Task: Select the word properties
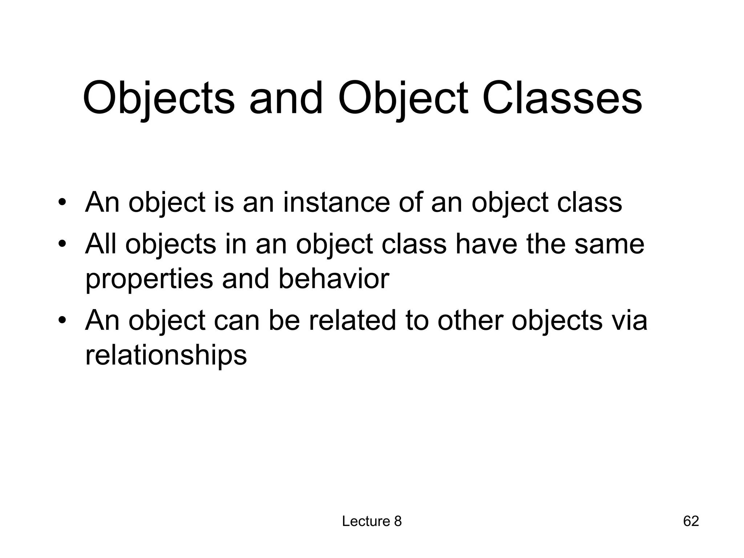pos(149,280)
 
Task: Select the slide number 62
pos(691,521)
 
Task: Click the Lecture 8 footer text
pos(372,521)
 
